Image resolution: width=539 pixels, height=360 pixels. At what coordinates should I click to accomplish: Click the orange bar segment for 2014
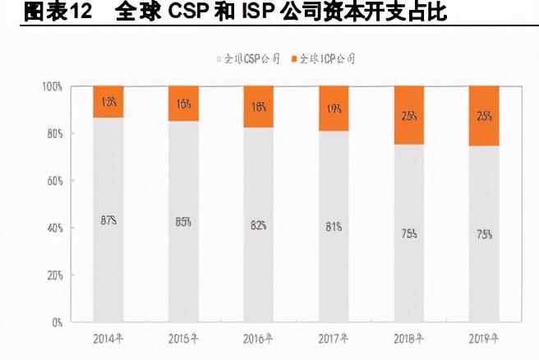point(108,102)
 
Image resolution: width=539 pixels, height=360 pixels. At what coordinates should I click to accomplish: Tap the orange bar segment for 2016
point(258,106)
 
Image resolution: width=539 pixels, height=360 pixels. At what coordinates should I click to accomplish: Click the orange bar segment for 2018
point(408,115)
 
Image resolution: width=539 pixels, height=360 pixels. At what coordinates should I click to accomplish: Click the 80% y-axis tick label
point(54,133)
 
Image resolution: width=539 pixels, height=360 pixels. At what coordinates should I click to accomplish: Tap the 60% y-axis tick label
point(54,181)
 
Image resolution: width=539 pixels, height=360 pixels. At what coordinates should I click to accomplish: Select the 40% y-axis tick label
point(54,228)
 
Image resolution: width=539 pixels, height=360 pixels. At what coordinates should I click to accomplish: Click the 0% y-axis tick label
point(57,322)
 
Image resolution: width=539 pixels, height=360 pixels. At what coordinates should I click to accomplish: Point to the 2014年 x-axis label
point(108,338)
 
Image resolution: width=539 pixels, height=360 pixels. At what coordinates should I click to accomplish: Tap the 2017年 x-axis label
point(334,338)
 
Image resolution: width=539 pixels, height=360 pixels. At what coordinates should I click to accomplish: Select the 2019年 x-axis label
point(483,338)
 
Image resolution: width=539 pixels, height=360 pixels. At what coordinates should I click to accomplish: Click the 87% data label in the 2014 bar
point(108,219)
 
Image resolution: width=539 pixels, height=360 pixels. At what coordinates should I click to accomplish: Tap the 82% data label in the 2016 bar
point(258,224)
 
